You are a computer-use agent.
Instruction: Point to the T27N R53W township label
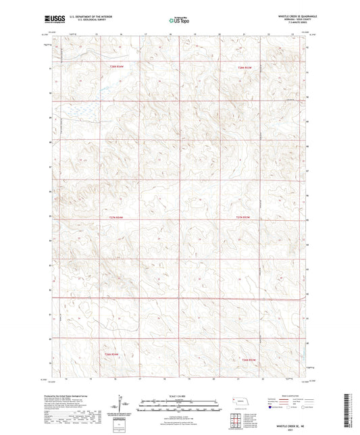(x=247, y=217)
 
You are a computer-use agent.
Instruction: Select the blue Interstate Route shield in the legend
(x=272, y=407)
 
